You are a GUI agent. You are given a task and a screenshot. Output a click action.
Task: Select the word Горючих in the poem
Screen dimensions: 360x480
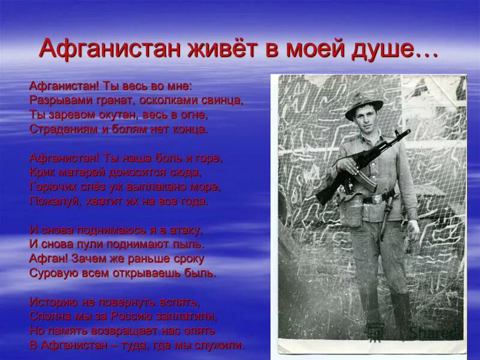pyautogui.click(x=52, y=187)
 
